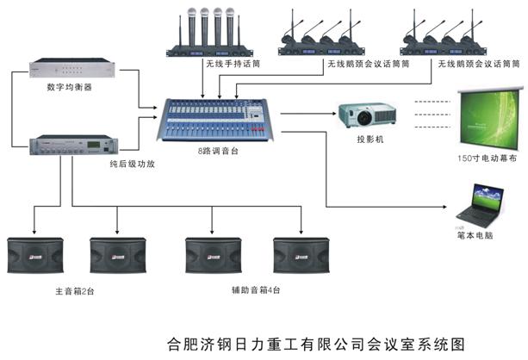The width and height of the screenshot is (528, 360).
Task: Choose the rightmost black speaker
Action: pos(300,257)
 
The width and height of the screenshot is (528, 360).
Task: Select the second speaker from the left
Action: pos(115,257)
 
